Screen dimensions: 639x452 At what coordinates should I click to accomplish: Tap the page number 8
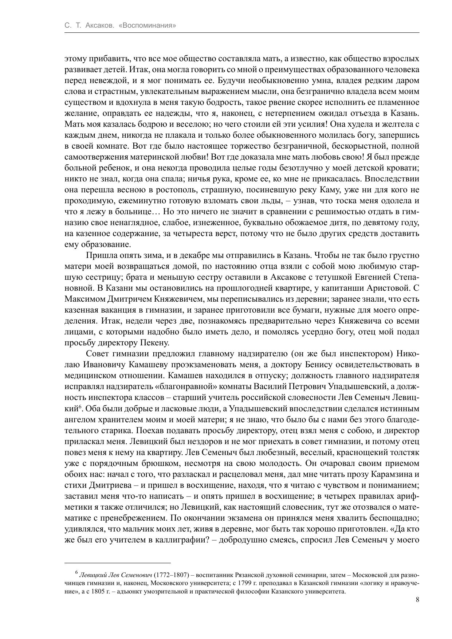417,600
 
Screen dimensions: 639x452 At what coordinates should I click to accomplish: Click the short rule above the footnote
118,562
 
